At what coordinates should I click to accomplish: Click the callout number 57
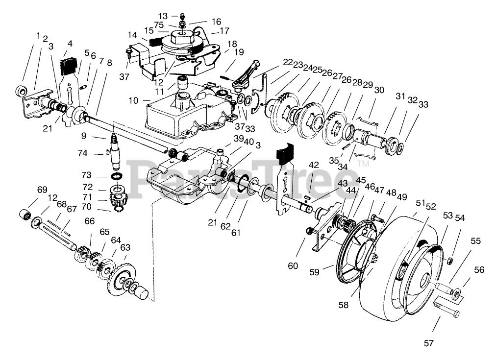click(429, 343)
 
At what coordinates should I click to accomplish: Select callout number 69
click(42, 189)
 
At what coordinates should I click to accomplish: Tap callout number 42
click(313, 165)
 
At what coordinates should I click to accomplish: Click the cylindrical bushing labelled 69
click(25, 214)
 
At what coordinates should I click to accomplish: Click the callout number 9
click(84, 135)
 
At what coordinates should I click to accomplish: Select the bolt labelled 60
click(309, 231)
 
